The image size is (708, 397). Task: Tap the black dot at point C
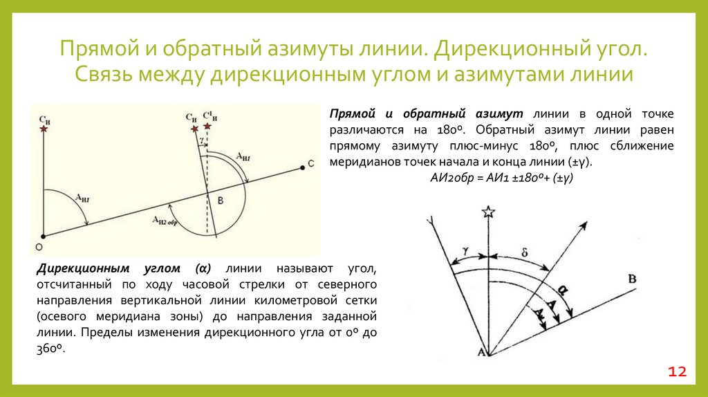[301, 165]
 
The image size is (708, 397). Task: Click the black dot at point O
[43, 236]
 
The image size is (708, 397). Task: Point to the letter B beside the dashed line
[220, 200]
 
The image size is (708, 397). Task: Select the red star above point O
[44, 129]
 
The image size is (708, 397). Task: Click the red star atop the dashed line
[207, 125]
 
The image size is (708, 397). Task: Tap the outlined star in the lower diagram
[489, 212]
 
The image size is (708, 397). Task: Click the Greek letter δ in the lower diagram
[525, 253]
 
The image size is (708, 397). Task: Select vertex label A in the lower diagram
[480, 353]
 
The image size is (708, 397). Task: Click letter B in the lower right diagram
[631, 279]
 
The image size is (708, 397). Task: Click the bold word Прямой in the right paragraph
[352, 113]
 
